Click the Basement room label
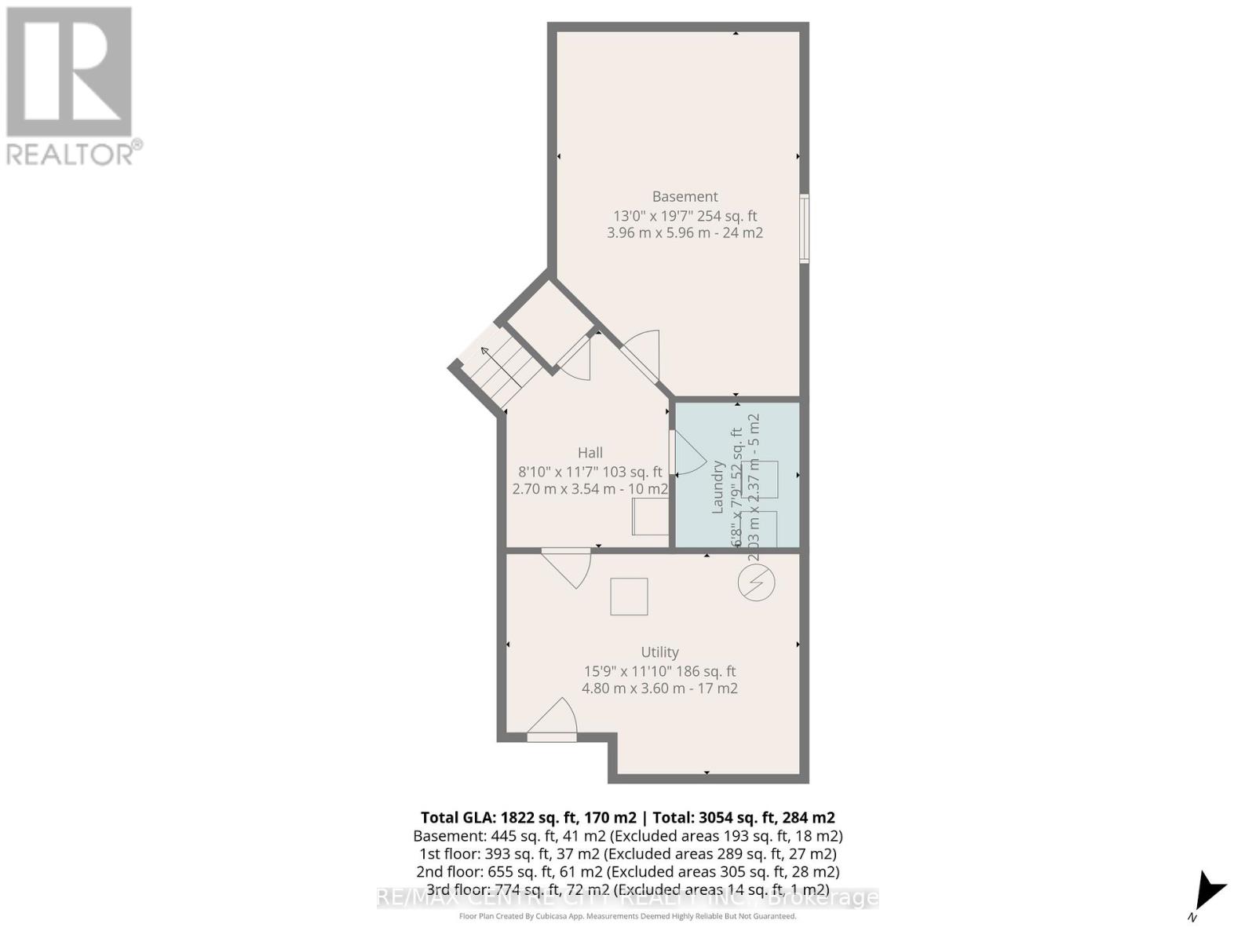coord(685,196)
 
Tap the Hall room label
coord(590,453)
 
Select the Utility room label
coord(659,652)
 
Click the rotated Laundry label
coord(717,487)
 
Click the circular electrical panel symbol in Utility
coord(756,583)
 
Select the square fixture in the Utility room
coord(629,597)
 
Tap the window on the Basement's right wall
coord(804,228)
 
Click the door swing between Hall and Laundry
coord(688,454)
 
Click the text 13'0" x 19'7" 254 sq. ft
coord(685,216)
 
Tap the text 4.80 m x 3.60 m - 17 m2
coord(659,688)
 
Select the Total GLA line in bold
coord(627,817)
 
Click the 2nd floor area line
coord(627,871)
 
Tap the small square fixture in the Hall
coord(650,517)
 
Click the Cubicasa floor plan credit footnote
coord(627,916)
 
